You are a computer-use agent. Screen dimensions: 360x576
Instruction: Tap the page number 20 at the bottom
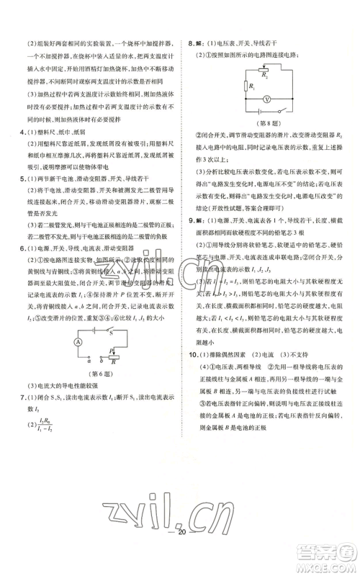(181, 552)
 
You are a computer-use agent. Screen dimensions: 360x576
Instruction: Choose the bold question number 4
(22, 132)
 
